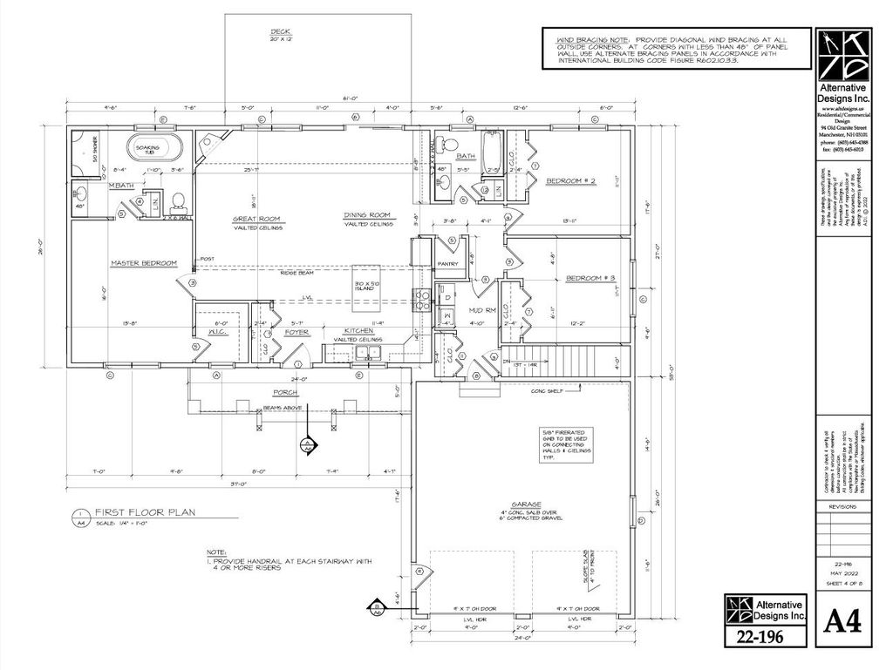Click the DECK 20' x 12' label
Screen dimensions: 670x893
(x=280, y=35)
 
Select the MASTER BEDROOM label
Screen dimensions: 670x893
(x=143, y=262)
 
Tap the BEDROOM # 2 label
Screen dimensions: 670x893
(x=570, y=181)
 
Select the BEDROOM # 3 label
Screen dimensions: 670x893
(x=590, y=278)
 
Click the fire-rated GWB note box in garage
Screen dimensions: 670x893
(x=565, y=443)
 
